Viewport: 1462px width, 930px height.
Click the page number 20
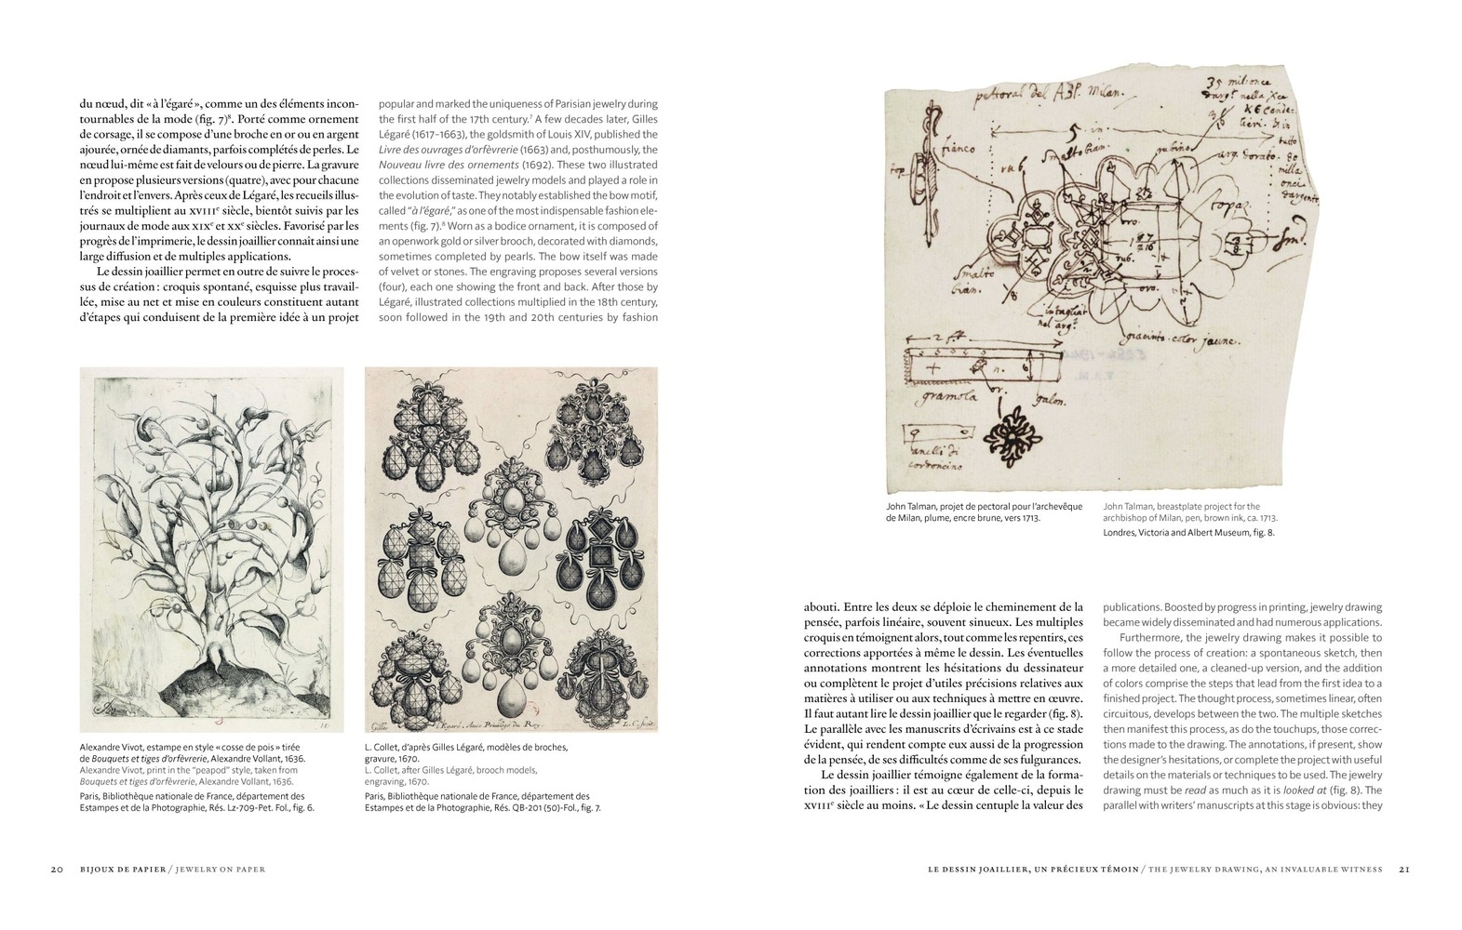pos(56,870)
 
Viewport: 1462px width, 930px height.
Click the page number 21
pos(1404,870)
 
